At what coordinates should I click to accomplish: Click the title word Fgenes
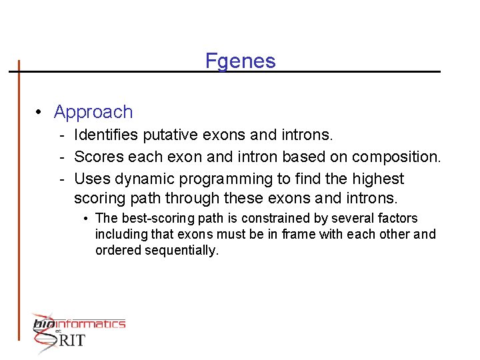tap(240, 61)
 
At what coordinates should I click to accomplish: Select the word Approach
tap(93, 112)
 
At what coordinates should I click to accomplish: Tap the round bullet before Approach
tap(40, 112)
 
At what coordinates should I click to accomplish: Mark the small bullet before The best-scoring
tap(87, 219)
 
